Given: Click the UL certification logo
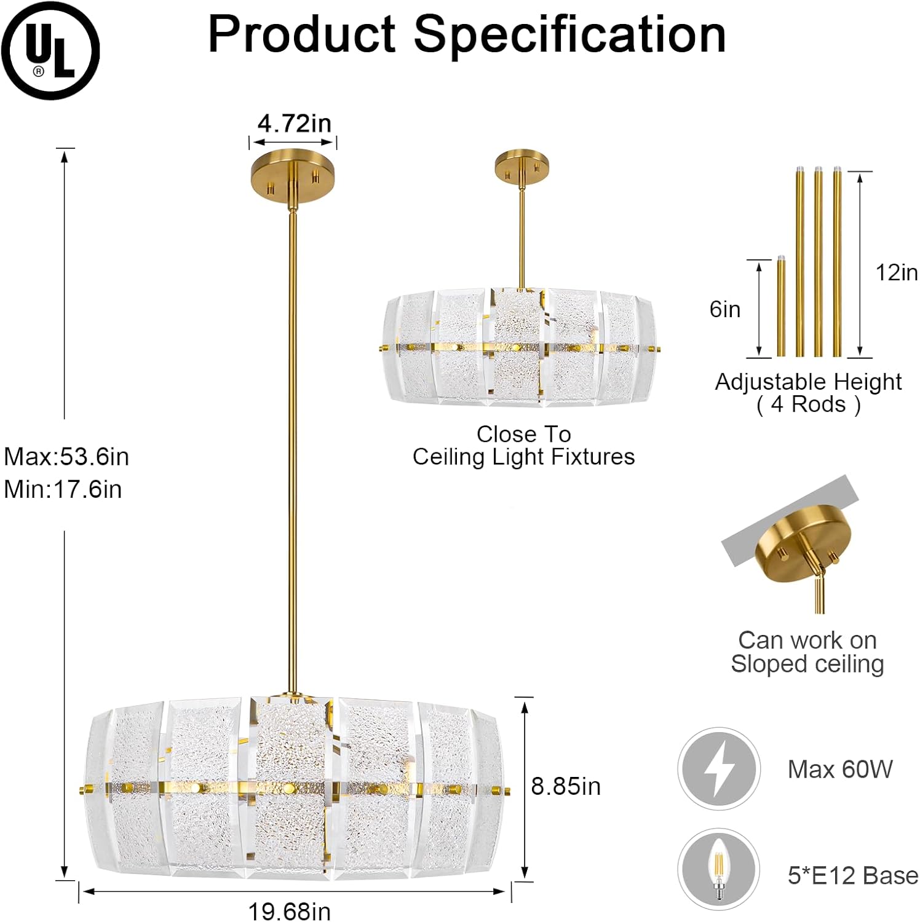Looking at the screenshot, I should pyautogui.click(x=50, y=50).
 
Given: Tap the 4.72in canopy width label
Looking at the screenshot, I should pyautogui.click(x=294, y=124).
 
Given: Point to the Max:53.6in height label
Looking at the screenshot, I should pyautogui.click(x=66, y=457).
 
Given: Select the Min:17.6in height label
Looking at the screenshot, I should pyautogui.click(x=63, y=489).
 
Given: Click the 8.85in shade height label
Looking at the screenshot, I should pyautogui.click(x=566, y=786).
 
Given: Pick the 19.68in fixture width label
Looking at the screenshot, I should pyautogui.click(x=289, y=911).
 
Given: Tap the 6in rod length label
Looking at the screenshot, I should pyautogui.click(x=725, y=309).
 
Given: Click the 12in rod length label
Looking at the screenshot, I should pyautogui.click(x=896, y=272).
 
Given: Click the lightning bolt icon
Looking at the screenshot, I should pyautogui.click(x=719, y=768).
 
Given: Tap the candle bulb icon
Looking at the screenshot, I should pyautogui.click(x=718, y=869).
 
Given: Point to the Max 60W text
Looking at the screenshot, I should pyautogui.click(x=840, y=769).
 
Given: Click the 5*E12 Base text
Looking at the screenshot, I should pyautogui.click(x=852, y=875).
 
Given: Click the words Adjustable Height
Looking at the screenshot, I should pyautogui.click(x=808, y=382).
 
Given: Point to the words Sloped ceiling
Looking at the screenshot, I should pyautogui.click(x=807, y=664).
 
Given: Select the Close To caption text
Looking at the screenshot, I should pyautogui.click(x=523, y=434).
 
